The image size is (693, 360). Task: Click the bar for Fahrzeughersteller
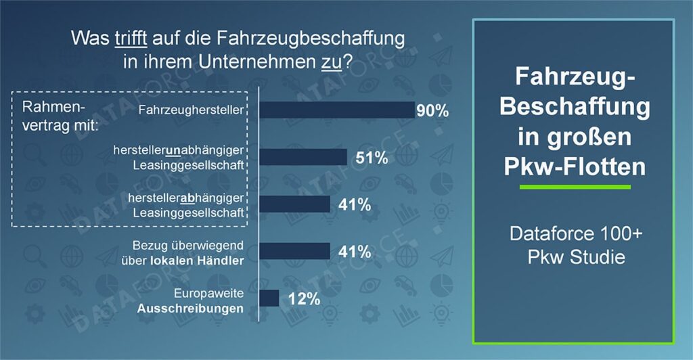coord(337,110)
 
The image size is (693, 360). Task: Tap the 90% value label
coord(432,111)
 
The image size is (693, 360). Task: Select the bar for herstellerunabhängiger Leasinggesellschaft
coord(303,158)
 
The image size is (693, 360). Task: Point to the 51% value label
coord(372,158)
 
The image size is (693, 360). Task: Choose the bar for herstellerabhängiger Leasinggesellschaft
coord(295,204)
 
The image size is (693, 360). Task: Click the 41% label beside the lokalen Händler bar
coord(354,252)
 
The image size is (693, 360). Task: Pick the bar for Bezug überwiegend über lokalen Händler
coord(295,252)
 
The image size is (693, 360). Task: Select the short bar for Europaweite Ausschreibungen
coord(269,298)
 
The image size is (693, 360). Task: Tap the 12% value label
coord(303,299)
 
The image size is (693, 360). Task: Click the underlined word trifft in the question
coord(129,39)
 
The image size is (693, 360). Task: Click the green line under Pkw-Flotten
coord(574,187)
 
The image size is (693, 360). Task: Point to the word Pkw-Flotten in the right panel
coord(574,164)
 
